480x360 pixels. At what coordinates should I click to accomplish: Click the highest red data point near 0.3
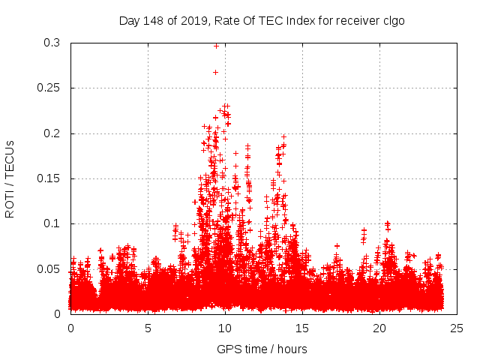click(217, 46)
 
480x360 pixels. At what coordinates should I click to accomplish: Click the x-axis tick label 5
click(148, 328)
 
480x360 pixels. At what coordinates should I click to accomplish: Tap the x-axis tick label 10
click(225, 328)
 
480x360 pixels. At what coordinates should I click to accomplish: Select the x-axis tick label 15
click(302, 328)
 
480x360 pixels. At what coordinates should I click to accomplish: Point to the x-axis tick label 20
click(379, 328)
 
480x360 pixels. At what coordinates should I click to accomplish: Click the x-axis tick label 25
click(457, 328)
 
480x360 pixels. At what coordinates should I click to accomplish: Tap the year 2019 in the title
click(192, 21)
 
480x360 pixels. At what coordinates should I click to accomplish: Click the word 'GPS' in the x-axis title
click(228, 349)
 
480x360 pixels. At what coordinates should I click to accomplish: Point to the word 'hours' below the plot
click(292, 349)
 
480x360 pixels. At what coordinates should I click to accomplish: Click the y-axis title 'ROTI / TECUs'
click(10, 178)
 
